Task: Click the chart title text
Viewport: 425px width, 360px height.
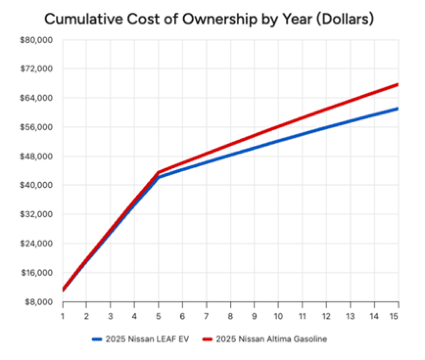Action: (x=209, y=19)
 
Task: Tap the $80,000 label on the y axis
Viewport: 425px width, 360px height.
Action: (x=36, y=40)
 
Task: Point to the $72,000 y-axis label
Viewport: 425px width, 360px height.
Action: (x=36, y=69)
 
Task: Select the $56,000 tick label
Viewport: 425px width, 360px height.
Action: (x=36, y=127)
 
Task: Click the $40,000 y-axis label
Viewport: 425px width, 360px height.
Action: (x=36, y=185)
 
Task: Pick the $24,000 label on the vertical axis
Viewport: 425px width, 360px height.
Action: (x=36, y=244)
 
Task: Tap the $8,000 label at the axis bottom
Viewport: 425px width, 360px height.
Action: (x=38, y=302)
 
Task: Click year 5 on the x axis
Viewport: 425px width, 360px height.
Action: (x=158, y=316)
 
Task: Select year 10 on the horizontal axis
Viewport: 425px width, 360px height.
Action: (x=278, y=316)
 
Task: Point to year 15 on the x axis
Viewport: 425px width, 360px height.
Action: (x=394, y=316)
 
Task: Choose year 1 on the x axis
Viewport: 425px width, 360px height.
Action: (x=63, y=316)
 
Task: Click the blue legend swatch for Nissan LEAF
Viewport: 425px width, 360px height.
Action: (x=97, y=339)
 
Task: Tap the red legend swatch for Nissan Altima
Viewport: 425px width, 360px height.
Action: (x=207, y=339)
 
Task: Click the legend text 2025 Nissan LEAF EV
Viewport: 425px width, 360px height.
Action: (x=147, y=339)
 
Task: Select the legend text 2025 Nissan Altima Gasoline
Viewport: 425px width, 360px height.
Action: (x=271, y=339)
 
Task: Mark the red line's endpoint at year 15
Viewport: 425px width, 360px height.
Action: (x=398, y=85)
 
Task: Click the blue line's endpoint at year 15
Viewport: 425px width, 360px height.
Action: (x=398, y=109)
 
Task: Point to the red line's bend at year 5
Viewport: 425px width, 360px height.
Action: (x=158, y=172)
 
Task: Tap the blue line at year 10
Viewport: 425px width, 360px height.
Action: (x=278, y=141)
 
